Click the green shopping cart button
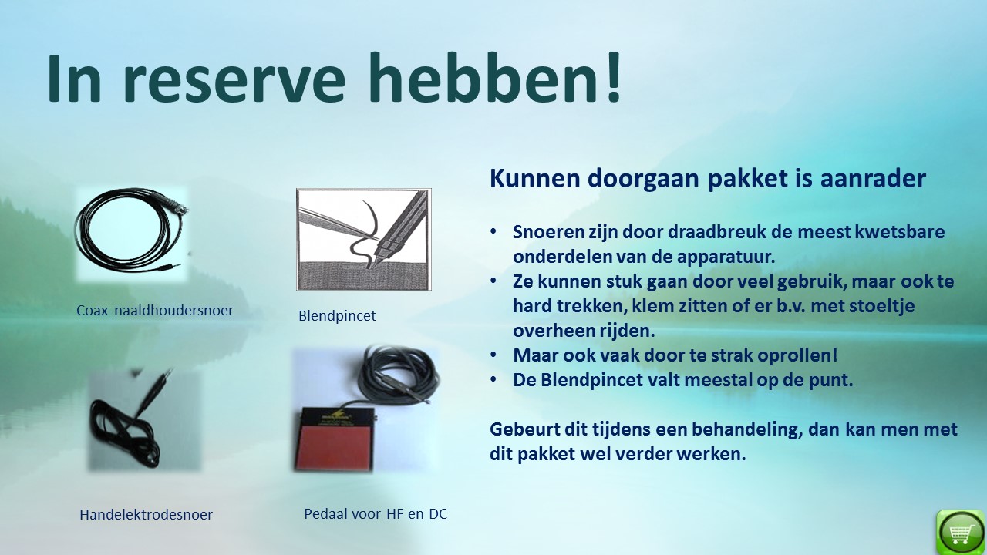(960, 532)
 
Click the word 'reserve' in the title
(234, 79)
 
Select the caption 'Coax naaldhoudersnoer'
(155, 310)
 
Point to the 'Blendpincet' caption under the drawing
(337, 315)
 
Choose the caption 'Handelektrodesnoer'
(146, 514)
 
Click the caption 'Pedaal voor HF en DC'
(376, 513)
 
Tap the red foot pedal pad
(335, 446)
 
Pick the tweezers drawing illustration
(363, 239)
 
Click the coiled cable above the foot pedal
(399, 375)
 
